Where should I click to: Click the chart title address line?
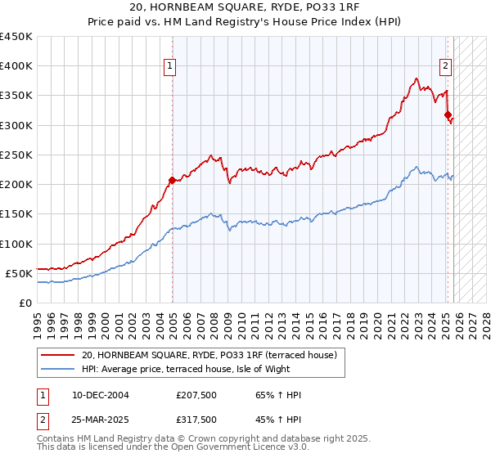[x=245, y=8]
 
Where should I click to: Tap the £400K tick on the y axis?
[x=16, y=66]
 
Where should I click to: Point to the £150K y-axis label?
[x=16, y=214]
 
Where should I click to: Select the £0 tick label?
[x=25, y=303]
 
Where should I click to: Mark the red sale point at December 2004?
[x=172, y=180]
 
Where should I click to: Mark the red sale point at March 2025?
[x=448, y=115]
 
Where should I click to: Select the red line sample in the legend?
[x=57, y=355]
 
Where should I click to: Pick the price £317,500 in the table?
[x=196, y=419]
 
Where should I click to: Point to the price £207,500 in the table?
[x=196, y=396]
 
